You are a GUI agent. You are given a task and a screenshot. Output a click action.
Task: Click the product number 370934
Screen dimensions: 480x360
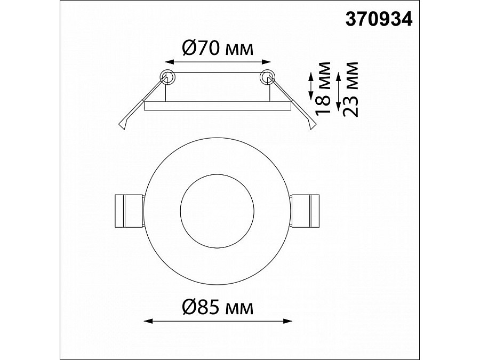(x=379, y=19)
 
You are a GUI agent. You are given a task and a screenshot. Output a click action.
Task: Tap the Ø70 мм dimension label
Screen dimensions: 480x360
(x=218, y=48)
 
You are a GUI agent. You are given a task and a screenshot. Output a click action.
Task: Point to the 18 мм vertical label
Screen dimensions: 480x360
(x=323, y=88)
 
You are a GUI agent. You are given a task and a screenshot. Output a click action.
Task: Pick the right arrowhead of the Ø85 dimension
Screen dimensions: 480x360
(x=287, y=321)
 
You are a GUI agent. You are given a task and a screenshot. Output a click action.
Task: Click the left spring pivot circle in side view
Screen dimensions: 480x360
(x=167, y=77)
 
